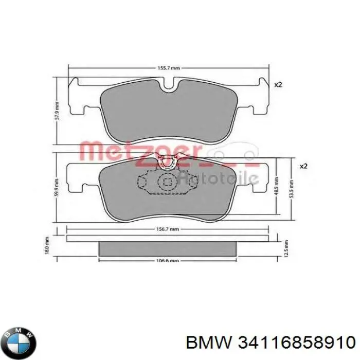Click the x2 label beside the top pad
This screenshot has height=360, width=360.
[278, 85]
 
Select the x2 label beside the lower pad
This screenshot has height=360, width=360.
[303, 166]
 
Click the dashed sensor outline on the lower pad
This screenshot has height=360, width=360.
[167, 183]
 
